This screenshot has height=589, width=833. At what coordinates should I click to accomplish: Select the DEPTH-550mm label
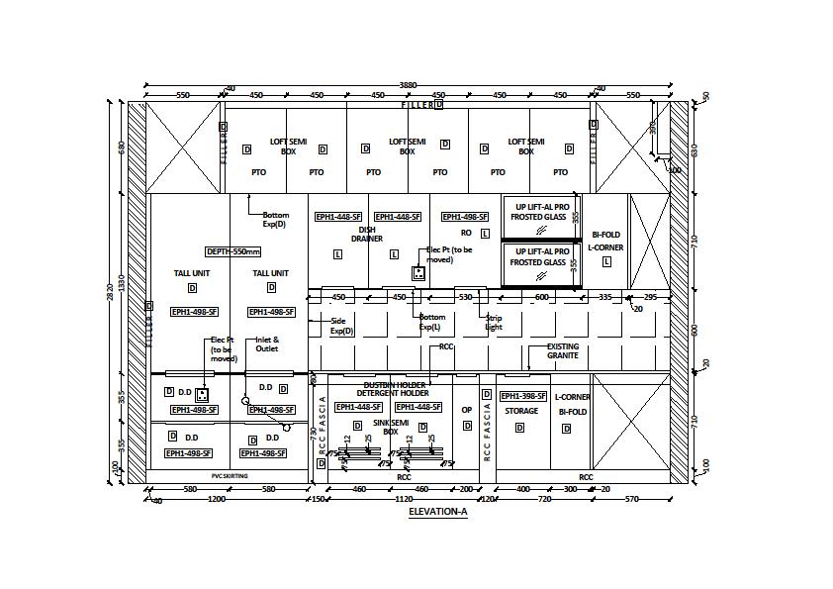click(x=232, y=251)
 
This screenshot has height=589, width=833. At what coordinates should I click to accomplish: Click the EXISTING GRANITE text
click(x=563, y=350)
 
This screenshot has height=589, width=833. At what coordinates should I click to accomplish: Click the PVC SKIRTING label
click(x=230, y=476)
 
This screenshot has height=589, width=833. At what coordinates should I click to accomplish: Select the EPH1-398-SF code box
click(x=522, y=396)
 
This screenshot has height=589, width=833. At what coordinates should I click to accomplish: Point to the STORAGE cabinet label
click(x=521, y=411)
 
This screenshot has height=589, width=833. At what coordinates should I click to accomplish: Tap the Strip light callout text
click(x=493, y=323)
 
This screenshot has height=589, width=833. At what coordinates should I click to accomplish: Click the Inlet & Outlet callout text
click(x=267, y=344)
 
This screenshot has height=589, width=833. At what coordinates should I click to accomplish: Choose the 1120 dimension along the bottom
click(x=404, y=500)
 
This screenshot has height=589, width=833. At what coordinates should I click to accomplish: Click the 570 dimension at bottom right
click(x=632, y=500)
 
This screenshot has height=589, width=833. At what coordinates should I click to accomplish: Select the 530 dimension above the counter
click(x=466, y=297)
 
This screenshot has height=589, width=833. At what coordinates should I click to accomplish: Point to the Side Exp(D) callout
click(x=341, y=326)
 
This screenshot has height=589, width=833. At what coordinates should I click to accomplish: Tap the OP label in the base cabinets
click(x=467, y=410)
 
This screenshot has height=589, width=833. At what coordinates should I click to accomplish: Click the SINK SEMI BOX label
click(x=391, y=427)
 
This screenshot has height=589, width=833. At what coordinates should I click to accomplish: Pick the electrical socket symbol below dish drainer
click(x=418, y=272)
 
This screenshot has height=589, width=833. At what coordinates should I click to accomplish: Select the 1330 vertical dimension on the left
click(x=123, y=283)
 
